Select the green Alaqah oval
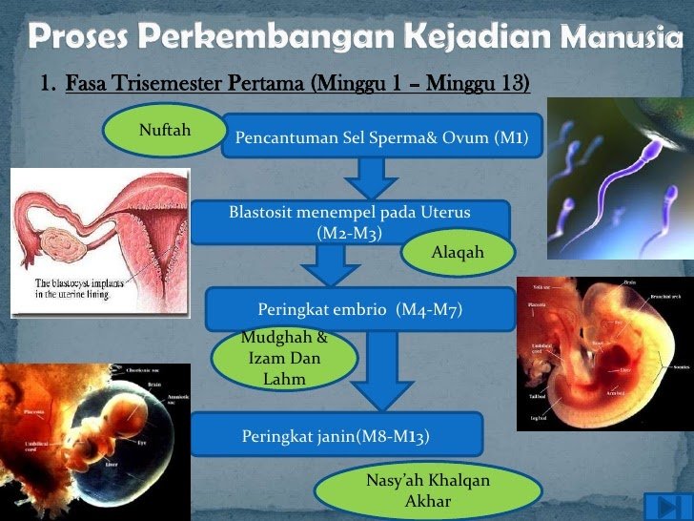(458, 253)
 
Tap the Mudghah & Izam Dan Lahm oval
(284, 359)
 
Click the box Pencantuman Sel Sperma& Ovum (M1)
(381, 135)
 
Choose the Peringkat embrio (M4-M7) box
(359, 309)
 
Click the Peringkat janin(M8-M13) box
(336, 435)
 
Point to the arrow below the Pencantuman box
(371, 178)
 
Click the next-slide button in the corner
(661, 506)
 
